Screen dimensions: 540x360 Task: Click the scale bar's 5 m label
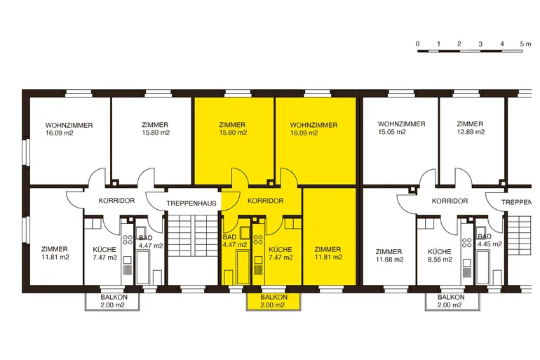pos(525,44)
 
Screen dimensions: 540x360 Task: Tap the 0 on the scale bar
pos(417,44)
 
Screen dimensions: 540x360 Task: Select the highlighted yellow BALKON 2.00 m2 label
pos(274,301)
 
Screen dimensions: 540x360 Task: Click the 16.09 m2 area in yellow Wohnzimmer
pos(304,133)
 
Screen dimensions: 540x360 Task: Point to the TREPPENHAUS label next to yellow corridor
pos(191,204)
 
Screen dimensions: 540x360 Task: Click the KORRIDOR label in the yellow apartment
pos(266,201)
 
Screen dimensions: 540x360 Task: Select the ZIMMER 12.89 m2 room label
pos(471,128)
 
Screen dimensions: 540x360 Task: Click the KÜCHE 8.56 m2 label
pos(440,255)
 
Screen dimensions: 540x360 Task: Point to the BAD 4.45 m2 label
pos(490,240)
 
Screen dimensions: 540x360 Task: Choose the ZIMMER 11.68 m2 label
pos(389,255)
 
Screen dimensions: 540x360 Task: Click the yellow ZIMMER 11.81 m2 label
pos(328,253)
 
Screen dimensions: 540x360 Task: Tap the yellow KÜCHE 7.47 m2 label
pos(281,253)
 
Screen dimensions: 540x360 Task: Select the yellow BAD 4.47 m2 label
pos(235,241)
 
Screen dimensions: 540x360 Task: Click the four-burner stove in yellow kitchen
pos(258,240)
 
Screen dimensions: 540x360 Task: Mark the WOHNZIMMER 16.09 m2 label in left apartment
pos(69,129)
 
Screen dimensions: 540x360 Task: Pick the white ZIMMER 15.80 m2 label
pos(156,128)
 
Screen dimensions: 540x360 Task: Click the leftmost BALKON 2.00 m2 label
pos(114,301)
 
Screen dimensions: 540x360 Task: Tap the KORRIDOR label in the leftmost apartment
pos(116,201)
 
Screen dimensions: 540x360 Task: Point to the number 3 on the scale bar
pos(480,44)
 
